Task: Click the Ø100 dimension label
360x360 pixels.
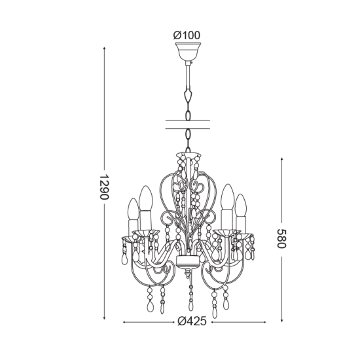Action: tap(187, 35)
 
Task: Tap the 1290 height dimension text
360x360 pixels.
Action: tap(105, 187)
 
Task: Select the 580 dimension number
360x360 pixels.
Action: tap(281, 238)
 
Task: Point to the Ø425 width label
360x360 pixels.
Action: tap(192, 321)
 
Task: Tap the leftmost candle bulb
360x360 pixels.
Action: tap(134, 209)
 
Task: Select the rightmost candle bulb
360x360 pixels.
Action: tap(241, 206)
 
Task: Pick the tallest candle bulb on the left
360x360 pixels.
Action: tap(146, 198)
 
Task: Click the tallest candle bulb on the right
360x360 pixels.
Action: tap(227, 197)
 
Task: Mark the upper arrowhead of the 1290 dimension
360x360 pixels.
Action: tap(105, 48)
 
